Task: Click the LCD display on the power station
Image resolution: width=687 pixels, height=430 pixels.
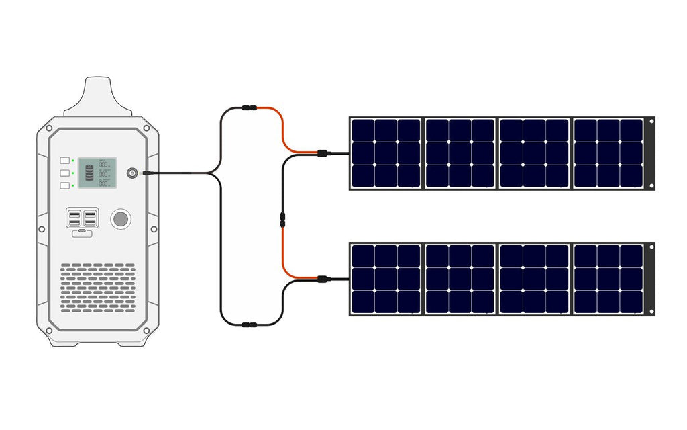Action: [97, 173]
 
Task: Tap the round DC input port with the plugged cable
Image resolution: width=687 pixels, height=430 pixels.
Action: [132, 173]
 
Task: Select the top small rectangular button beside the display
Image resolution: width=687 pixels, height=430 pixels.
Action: [65, 161]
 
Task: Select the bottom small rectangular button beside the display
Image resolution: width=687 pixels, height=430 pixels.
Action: [65, 185]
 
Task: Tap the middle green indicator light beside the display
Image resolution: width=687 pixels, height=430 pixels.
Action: [73, 173]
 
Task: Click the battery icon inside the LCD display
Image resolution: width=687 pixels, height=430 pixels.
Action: [88, 173]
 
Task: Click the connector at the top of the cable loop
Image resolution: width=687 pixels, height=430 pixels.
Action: [248, 107]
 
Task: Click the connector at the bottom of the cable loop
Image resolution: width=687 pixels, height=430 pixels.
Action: [248, 325]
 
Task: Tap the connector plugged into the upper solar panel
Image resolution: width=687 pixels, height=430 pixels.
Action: [323, 154]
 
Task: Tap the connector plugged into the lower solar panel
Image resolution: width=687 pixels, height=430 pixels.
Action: [323, 278]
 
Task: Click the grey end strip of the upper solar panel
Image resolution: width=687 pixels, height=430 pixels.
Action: [649, 154]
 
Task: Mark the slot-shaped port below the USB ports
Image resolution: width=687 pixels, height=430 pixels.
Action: [82, 234]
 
